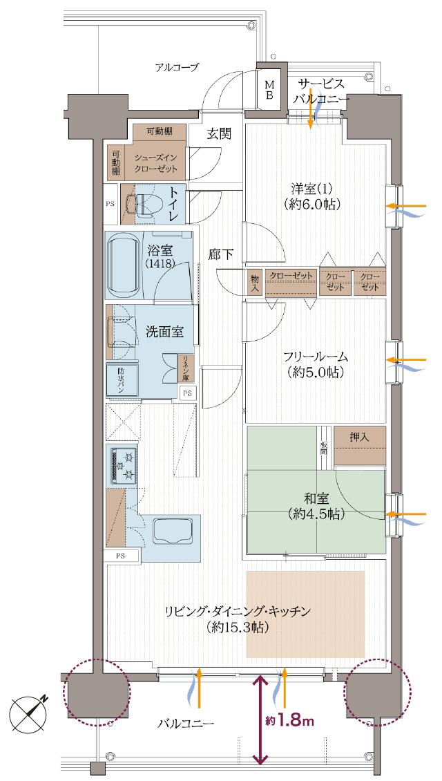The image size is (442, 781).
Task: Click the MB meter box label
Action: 269,89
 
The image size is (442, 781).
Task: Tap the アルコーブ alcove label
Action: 177,67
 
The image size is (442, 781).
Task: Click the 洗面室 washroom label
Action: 164,332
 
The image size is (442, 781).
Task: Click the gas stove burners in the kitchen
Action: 123,464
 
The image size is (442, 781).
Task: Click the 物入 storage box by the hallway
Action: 254,281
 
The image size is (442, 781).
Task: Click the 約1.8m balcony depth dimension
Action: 290,721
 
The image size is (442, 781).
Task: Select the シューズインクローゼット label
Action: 156,162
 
